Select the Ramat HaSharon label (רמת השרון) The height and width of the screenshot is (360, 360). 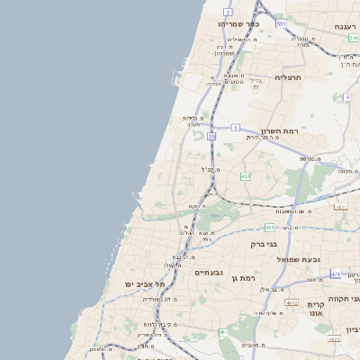[x=279, y=132]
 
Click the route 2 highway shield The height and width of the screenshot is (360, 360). [x=229, y=12]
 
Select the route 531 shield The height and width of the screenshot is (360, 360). [x=282, y=22]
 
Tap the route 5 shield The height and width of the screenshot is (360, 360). [x=235, y=129]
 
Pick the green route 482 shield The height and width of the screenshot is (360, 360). [x=245, y=176]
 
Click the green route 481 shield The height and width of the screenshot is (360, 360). [x=269, y=228]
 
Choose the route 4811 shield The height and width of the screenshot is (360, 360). [x=341, y=206]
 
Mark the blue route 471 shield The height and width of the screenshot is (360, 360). [x=336, y=274]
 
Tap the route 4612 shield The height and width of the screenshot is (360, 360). [x=292, y=303]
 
